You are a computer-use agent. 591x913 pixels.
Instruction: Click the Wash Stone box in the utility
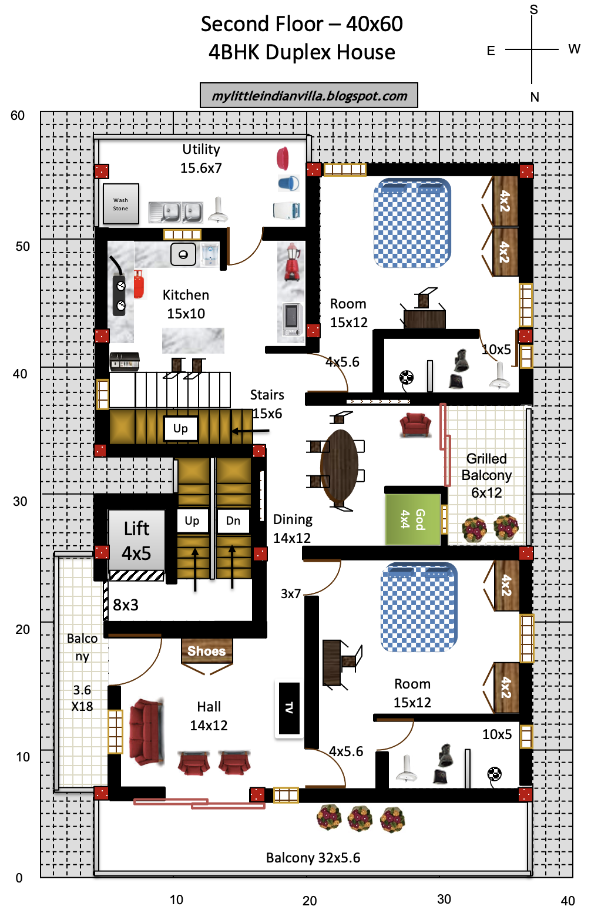[x=120, y=204]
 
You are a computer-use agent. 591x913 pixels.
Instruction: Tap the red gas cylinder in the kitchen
[x=139, y=284]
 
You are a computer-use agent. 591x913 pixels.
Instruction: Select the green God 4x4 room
[x=413, y=519]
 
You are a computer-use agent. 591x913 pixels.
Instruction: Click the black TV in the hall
[x=289, y=708]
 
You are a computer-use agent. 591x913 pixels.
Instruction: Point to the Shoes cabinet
[x=207, y=651]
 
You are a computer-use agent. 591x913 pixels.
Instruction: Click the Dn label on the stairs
[x=233, y=521]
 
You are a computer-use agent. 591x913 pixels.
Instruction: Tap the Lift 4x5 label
[x=136, y=541]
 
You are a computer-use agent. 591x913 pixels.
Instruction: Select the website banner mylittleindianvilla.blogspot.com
[x=309, y=95]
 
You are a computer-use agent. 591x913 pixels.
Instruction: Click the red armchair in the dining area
[x=415, y=425]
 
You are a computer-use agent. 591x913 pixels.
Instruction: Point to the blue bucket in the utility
[x=289, y=183]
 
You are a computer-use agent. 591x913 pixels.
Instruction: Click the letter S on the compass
[x=533, y=9]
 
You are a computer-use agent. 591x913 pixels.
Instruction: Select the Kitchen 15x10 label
[x=186, y=304]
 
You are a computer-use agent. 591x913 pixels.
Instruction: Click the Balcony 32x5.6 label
[x=313, y=858]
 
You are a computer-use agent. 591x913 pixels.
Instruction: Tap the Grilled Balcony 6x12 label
[x=486, y=475]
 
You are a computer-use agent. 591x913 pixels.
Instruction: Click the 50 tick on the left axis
[x=23, y=247]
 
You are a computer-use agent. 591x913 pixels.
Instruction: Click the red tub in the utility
[x=283, y=159]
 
